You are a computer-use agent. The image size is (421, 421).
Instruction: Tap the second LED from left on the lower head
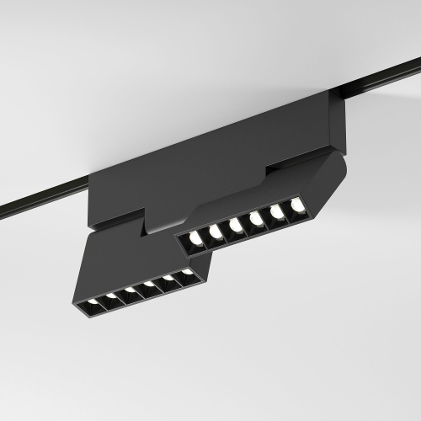coord(110,296)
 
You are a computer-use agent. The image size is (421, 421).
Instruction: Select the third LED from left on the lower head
coord(130,290)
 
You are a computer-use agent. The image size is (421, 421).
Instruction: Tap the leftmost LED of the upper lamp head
coord(196,238)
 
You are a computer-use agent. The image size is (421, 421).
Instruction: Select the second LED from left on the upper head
coord(216,232)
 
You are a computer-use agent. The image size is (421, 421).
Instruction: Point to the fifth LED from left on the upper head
coord(277,211)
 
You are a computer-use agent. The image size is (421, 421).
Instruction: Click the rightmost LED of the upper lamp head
coord(296,205)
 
